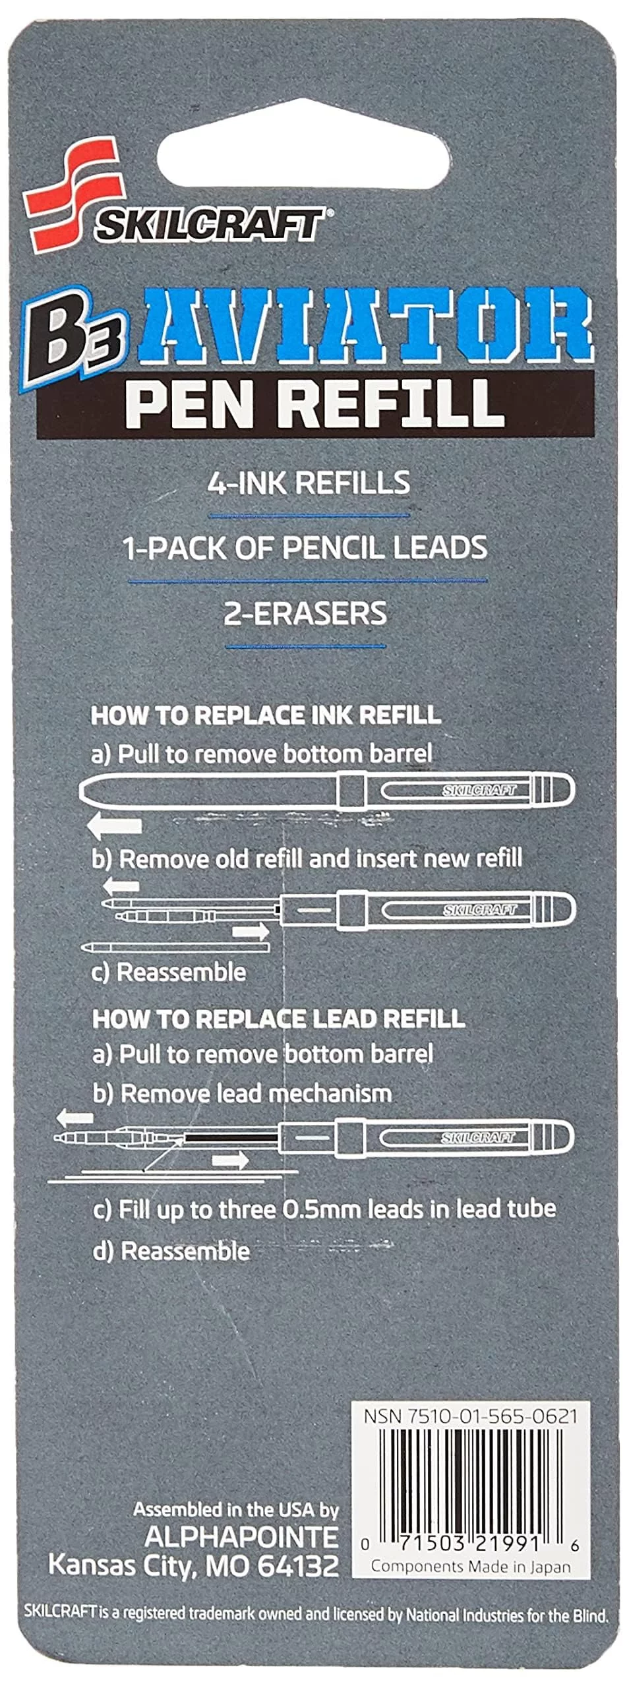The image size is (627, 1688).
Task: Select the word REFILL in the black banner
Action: (x=396, y=403)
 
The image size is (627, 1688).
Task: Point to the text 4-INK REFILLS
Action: (x=309, y=483)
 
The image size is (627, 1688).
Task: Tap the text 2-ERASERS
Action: (x=305, y=613)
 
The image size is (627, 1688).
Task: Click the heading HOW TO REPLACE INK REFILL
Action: (x=266, y=715)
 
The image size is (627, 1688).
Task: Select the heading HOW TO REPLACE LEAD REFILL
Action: (x=278, y=1019)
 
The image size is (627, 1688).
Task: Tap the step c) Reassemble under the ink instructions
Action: (x=169, y=973)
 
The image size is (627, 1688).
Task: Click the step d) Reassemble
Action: (x=171, y=1251)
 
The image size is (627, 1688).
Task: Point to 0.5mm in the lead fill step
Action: (x=322, y=1209)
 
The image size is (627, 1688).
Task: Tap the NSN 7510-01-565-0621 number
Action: (x=471, y=1416)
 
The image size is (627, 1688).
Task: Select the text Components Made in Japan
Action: (x=471, y=1567)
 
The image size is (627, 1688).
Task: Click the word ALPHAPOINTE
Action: (x=241, y=1537)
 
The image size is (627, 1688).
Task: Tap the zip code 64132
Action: (x=298, y=1565)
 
